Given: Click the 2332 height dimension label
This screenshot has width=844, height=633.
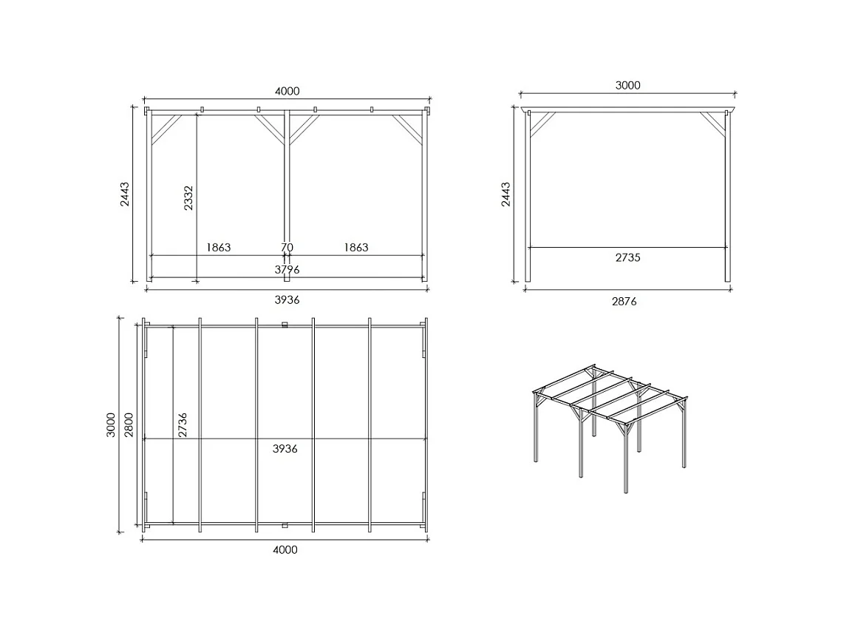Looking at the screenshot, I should pos(189,198).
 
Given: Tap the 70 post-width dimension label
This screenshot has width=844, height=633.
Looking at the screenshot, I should pos(287,247).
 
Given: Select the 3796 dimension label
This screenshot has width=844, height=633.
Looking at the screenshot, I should pos(287,270).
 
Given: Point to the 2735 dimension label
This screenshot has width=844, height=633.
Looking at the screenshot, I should pos(627,257).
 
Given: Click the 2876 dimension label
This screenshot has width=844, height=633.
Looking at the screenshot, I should pos(624,301).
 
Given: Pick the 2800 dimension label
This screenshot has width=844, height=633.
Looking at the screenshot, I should pos(129,425).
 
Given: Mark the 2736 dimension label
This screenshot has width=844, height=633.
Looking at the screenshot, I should pos(182,425).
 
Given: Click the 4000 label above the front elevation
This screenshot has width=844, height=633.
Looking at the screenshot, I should pos(287,91).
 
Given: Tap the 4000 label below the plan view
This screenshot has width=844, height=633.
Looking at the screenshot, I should pos(285,549).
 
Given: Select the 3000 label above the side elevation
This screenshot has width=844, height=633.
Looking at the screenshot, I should pos(627,85).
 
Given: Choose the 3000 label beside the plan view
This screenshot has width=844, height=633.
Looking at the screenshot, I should pos(112,425).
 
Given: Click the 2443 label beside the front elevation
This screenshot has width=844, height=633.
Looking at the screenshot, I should pos(126,194).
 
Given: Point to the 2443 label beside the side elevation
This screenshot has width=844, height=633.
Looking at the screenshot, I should pos(506,194).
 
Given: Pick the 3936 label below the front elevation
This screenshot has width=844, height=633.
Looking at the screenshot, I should pos(287,299).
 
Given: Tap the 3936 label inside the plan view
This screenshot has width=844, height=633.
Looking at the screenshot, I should pos(285,448).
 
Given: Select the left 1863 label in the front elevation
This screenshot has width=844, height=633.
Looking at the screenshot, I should pos(218,247).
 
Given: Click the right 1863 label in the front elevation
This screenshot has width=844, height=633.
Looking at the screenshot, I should pos(355,247).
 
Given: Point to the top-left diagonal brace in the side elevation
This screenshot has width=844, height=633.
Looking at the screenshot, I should pos(542,123).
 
